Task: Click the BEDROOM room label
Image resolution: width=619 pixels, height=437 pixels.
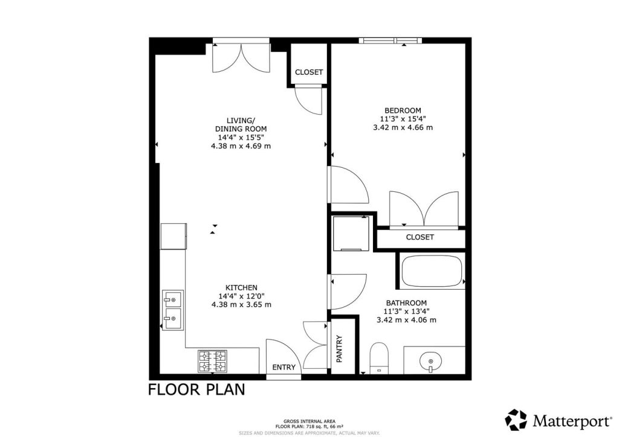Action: (x=403, y=110)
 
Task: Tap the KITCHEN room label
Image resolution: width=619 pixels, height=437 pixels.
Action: (x=242, y=287)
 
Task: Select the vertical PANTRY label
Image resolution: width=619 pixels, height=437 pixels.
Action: (x=339, y=349)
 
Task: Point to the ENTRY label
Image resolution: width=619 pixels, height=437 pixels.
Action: (x=284, y=368)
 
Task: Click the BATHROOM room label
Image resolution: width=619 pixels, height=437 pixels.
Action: (x=407, y=303)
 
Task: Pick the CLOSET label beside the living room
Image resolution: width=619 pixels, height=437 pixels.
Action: (x=309, y=72)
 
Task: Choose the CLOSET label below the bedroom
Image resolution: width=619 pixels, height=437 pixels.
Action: (x=420, y=237)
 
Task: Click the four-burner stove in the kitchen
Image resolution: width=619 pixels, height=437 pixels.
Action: (x=213, y=361)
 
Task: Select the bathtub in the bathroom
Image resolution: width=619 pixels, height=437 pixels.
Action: (x=431, y=271)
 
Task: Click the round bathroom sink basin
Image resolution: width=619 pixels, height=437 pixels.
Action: (x=430, y=361)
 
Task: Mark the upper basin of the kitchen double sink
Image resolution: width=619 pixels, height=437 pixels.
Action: (x=173, y=299)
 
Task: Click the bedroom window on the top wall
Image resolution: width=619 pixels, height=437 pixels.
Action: (x=389, y=40)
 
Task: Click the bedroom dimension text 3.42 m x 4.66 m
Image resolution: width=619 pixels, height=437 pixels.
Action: (x=403, y=127)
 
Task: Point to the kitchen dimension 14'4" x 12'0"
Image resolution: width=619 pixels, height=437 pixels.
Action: (x=241, y=296)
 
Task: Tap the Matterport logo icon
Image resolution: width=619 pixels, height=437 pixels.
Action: (x=516, y=419)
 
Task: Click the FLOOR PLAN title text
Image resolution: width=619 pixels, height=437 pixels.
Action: (x=196, y=389)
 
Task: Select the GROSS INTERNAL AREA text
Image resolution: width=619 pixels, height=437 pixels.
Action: (x=309, y=421)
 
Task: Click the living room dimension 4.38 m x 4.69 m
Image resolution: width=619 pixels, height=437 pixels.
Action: (x=241, y=146)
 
